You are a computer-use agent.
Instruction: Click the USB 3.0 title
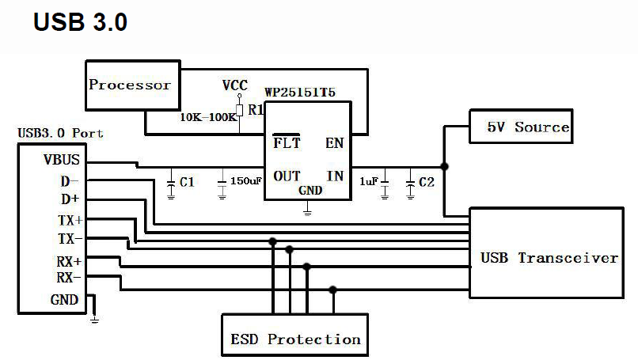click(x=80, y=22)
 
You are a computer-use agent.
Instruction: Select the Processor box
click(x=130, y=85)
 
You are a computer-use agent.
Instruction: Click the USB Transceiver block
click(x=549, y=258)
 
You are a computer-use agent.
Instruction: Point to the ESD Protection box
click(x=295, y=339)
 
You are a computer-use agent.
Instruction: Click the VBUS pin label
click(x=62, y=161)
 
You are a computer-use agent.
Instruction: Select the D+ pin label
click(x=70, y=199)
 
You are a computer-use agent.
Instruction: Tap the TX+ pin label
click(x=69, y=219)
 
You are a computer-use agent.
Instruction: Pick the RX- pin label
click(x=69, y=278)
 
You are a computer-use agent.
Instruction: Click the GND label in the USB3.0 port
click(x=64, y=300)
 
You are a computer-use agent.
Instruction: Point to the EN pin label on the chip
click(x=334, y=143)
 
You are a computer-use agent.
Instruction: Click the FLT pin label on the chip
click(x=287, y=143)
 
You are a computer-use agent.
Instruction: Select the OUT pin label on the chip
click(x=287, y=176)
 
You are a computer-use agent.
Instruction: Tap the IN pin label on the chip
click(x=335, y=176)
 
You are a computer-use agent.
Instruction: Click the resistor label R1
click(x=255, y=110)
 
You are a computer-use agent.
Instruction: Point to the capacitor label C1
click(x=187, y=183)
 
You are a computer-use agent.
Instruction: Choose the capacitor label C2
click(x=427, y=183)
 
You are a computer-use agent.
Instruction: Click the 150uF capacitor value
click(x=245, y=182)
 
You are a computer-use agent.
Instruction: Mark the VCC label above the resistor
click(x=235, y=85)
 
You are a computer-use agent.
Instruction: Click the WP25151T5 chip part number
click(x=300, y=93)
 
